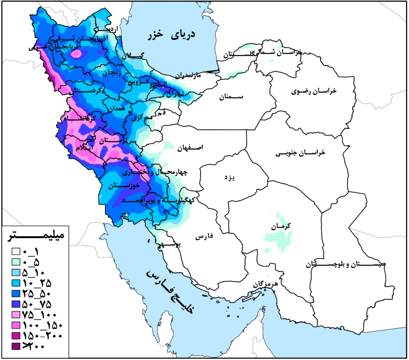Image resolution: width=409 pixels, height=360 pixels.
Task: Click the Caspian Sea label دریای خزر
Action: (x=170, y=35)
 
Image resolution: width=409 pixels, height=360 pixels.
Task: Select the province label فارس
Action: (x=204, y=237)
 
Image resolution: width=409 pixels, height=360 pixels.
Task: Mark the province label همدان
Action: (x=116, y=109)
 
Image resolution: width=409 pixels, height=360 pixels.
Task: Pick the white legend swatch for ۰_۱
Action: (x=16, y=252)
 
